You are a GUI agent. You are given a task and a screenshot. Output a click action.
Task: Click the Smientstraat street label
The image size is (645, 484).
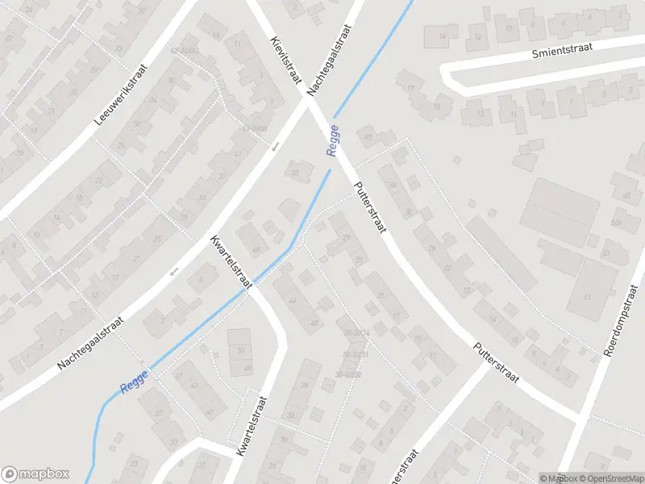562,50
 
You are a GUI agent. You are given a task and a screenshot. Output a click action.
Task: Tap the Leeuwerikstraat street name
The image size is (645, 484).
122,95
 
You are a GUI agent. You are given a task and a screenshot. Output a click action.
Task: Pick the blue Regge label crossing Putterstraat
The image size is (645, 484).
333,140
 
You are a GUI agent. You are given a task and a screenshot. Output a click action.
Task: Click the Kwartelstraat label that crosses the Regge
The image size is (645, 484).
232,261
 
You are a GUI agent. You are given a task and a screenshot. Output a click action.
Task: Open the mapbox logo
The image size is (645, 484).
36,474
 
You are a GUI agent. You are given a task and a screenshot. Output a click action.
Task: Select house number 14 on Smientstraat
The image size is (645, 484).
441,36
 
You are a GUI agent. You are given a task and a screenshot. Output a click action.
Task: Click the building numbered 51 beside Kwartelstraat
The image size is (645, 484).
239,351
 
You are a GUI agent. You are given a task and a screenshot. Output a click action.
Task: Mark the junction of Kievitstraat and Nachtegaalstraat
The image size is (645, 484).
309,100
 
